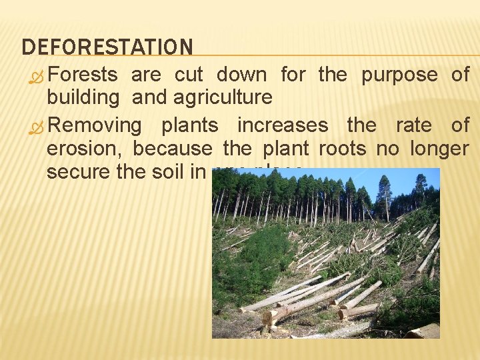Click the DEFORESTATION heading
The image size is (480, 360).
[x=107, y=47]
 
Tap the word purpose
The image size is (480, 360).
[x=399, y=75]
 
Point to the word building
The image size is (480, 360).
[x=83, y=98]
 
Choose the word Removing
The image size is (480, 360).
[x=95, y=125]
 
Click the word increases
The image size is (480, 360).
[x=283, y=125]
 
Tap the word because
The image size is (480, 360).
[x=172, y=149]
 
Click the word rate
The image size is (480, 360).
[x=413, y=125]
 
